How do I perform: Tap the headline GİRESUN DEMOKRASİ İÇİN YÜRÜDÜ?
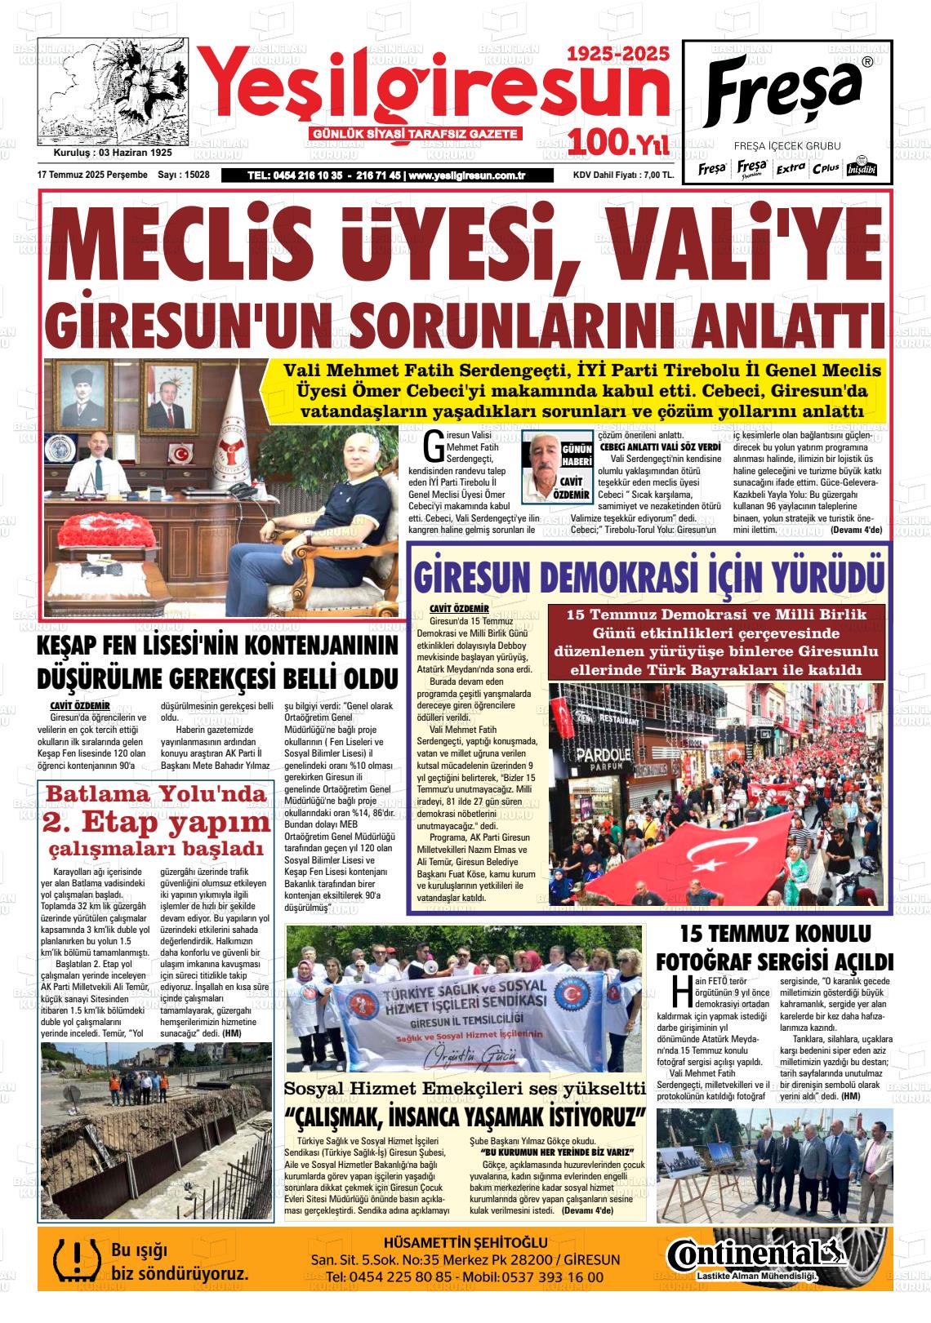(x=648, y=575)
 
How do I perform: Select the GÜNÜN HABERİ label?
(x=577, y=456)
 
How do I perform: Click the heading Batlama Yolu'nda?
(x=155, y=794)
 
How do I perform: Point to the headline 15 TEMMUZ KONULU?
(x=776, y=933)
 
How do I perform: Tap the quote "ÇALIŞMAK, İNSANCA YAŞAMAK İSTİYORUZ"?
(x=465, y=1116)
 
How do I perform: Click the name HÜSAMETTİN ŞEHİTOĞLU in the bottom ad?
(x=465, y=1242)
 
